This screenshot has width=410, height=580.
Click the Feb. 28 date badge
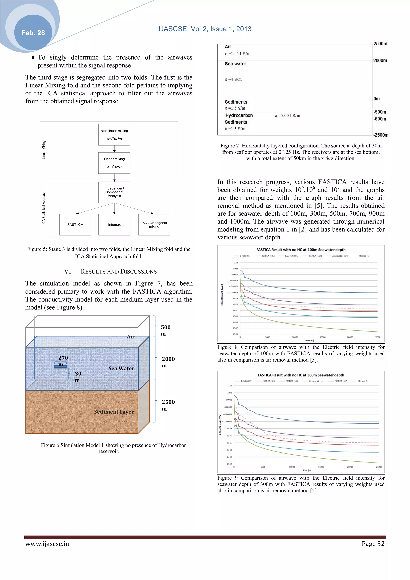point(33,33)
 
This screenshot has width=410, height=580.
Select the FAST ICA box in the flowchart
point(75,225)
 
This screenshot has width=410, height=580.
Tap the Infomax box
point(114,225)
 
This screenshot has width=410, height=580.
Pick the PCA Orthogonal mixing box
point(154,225)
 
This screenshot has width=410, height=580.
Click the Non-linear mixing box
point(114,135)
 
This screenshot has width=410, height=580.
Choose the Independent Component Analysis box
point(114,192)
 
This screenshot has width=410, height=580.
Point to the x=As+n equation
point(114,167)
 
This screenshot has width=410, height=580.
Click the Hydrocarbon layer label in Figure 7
point(239,115)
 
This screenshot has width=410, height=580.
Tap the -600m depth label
point(380,119)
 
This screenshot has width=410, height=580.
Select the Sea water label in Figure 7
point(235,64)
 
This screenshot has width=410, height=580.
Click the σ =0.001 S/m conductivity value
point(287,116)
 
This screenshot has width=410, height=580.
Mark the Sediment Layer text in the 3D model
point(114,412)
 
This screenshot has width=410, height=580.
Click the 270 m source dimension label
point(63,358)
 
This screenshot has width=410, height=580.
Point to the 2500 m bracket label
point(168,405)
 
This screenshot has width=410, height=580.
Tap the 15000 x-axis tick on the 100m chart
point(322,337)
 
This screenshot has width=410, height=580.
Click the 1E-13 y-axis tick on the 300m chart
point(229,464)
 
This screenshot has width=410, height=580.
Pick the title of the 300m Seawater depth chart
point(301,375)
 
